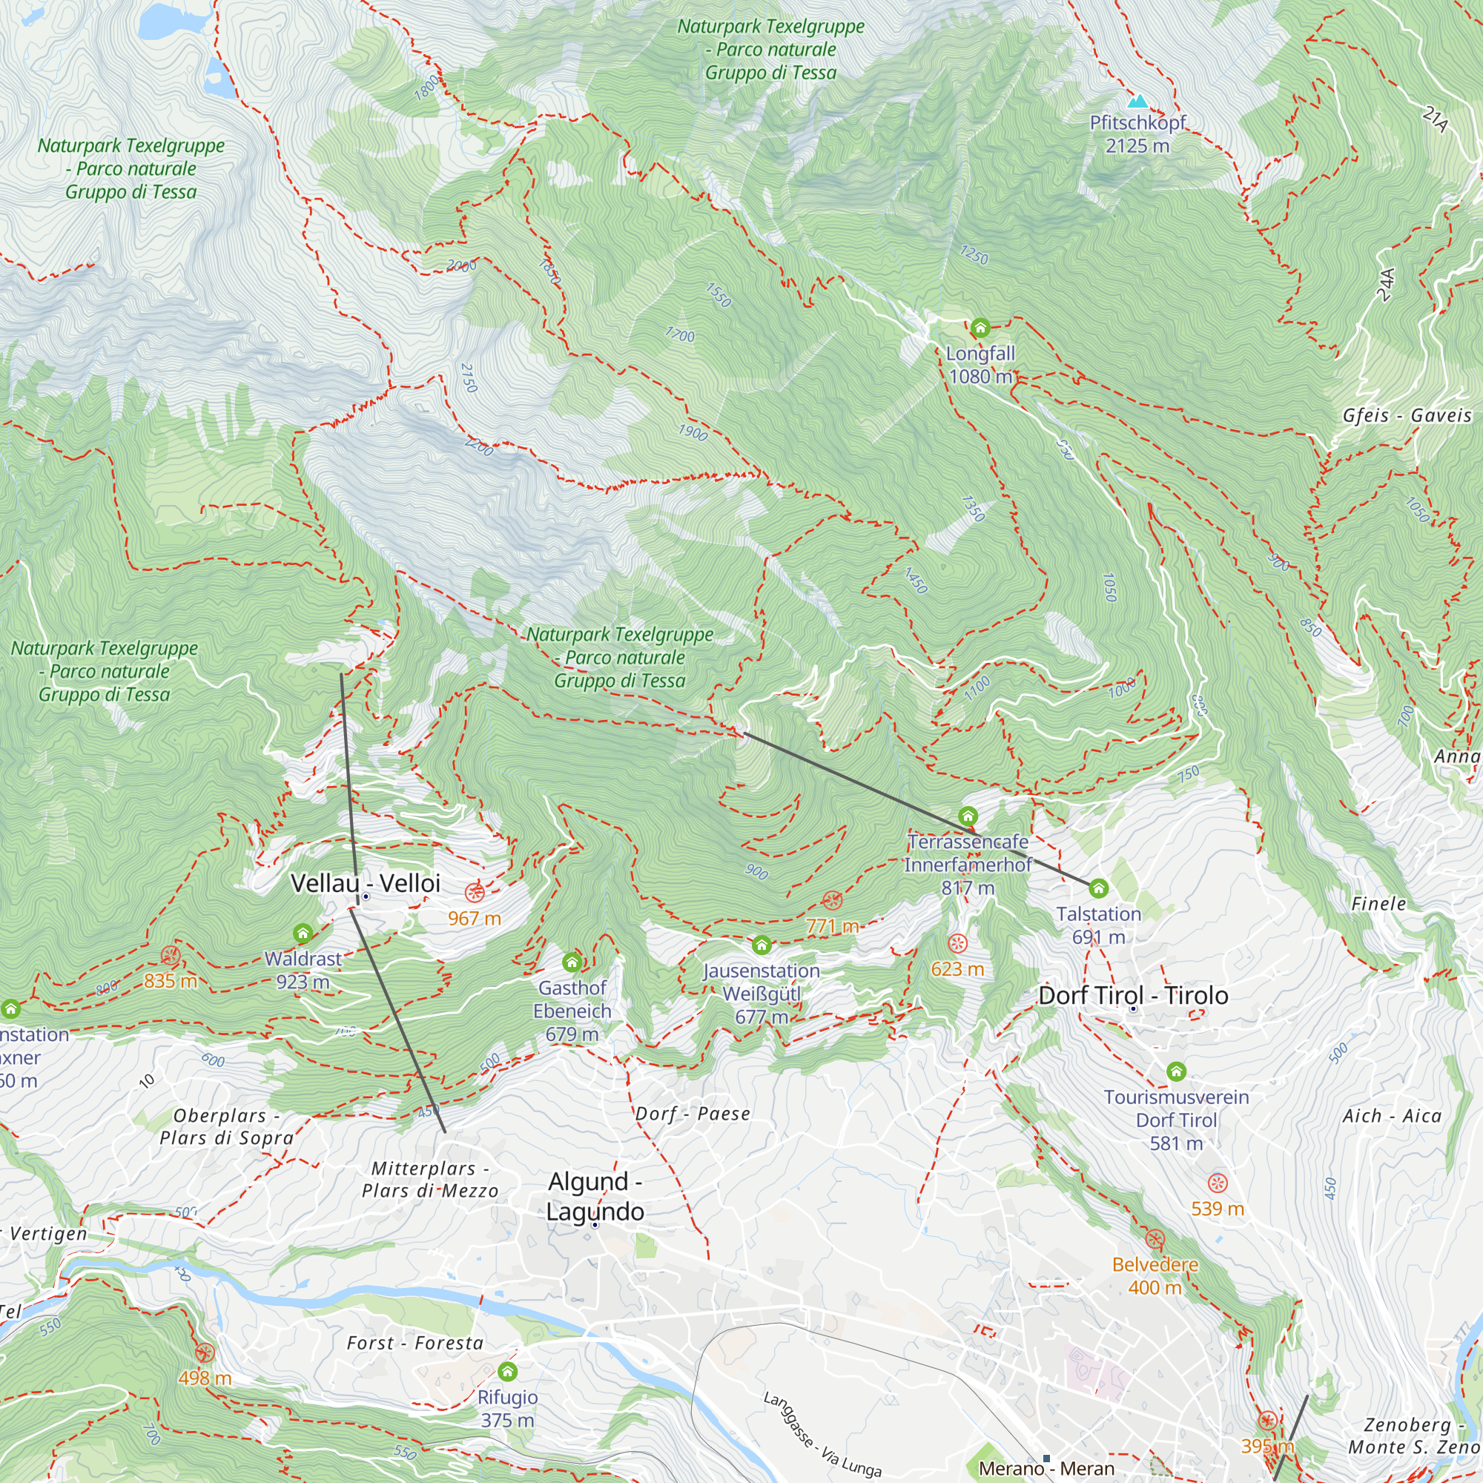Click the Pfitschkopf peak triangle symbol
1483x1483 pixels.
click(x=1138, y=102)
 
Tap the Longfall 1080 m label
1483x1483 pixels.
click(x=980, y=366)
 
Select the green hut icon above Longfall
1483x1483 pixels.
click(x=980, y=328)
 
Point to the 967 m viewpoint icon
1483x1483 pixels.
click(x=475, y=893)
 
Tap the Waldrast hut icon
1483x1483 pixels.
click(x=303, y=934)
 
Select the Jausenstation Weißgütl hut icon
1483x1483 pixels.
click(x=761, y=944)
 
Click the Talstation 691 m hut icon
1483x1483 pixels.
click(x=1098, y=889)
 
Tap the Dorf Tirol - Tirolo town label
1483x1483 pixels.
click(x=1133, y=996)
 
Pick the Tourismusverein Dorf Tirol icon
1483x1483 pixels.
click(x=1176, y=1071)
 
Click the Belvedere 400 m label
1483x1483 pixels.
click(x=1155, y=1275)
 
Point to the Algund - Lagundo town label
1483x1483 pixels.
click(x=595, y=1196)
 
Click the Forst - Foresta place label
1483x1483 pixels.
click(x=415, y=1344)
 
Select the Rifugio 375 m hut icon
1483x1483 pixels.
click(x=507, y=1372)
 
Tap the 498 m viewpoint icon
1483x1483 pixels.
click(x=204, y=1353)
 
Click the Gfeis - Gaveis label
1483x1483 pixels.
click(x=1407, y=415)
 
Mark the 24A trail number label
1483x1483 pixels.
click(x=1386, y=285)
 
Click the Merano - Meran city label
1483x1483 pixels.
click(x=1046, y=1468)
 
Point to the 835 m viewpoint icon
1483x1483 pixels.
click(x=171, y=956)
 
